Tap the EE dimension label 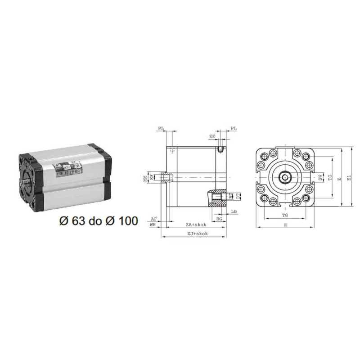tap(212, 135)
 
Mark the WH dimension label tap(153, 224)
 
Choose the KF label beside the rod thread tap(152, 177)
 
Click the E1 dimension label tap(350, 178)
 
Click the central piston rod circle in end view tap(285, 177)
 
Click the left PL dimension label tap(161, 129)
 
